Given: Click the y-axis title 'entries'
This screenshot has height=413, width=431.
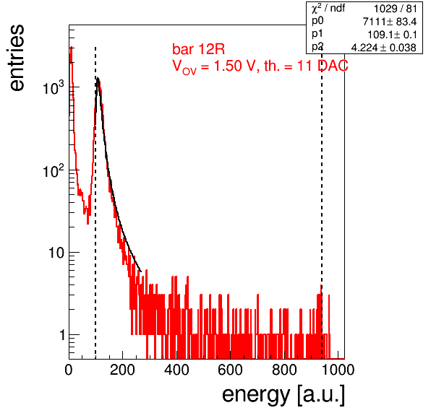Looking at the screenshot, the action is point(17,57).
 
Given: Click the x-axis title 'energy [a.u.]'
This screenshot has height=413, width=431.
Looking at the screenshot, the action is point(283,395).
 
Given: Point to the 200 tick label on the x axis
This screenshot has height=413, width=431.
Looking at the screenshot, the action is point(122,370).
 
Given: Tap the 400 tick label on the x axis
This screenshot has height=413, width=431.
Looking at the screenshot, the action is point(176,370).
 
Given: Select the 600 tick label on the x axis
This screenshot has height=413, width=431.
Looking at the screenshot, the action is point(231,370).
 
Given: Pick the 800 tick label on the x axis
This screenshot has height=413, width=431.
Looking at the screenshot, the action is point(284,370).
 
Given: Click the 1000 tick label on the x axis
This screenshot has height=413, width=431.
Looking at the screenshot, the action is point(338,370).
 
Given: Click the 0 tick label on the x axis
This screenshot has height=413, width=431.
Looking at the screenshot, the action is point(69,370).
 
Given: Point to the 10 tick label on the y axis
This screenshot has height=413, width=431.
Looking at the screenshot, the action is point(56,253).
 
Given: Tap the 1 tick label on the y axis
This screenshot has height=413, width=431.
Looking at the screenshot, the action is point(62,335).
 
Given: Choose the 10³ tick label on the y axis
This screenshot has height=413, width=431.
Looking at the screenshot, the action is point(54,87).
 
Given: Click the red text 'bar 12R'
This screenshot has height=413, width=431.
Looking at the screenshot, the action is point(198,49).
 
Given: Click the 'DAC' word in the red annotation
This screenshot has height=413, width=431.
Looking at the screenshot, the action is point(333,66).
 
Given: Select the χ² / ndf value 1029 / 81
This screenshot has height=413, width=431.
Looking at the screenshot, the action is point(395,9).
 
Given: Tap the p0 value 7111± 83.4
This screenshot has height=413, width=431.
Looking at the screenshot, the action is point(390,22).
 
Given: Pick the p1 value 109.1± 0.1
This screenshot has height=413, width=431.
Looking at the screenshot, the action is point(392,35).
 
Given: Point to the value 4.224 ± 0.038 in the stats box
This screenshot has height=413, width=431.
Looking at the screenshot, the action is point(384,48).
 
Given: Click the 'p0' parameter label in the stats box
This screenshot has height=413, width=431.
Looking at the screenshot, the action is point(317,21).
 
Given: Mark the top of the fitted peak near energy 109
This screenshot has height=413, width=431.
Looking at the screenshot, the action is point(98,78).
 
